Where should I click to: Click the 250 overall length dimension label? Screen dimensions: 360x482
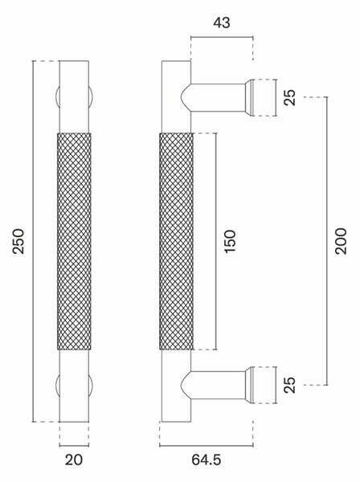coord(18,241)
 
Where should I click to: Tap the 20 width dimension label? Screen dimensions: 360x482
coord(74,460)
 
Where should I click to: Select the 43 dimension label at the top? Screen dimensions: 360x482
coord(221,22)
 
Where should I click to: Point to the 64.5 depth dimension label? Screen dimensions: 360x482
coord(207,460)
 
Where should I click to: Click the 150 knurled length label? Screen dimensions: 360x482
coord(230,241)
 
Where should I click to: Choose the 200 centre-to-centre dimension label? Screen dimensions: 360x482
coord(341,241)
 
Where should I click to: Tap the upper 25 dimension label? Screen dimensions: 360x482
coord(289,97)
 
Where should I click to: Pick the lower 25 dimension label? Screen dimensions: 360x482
coord(289,385)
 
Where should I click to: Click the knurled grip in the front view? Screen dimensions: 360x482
coord(74,241)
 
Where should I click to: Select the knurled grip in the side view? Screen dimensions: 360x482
coord(177,241)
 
